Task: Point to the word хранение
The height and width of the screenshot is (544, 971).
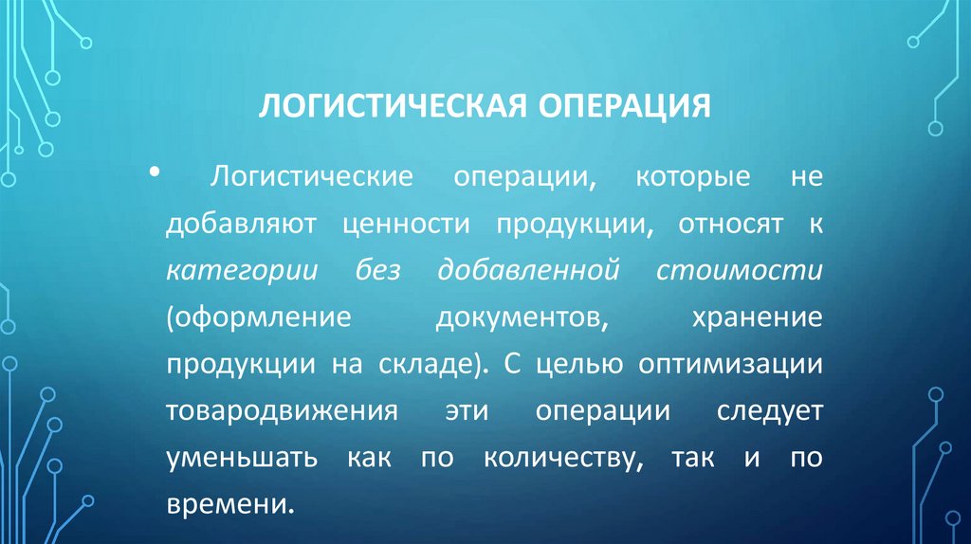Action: point(745,317)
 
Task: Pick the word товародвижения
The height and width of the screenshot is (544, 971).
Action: point(281,410)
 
